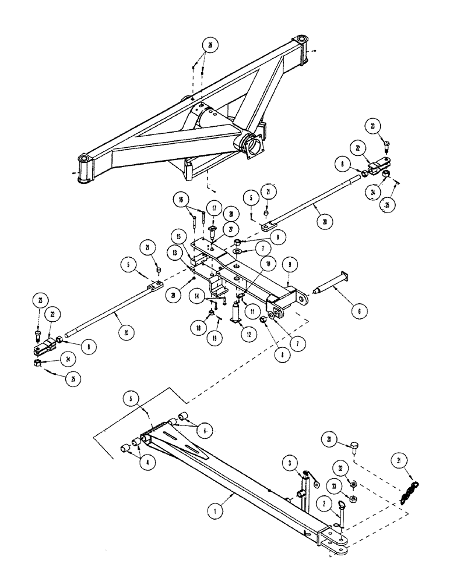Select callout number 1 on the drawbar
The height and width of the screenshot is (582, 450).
[x=216, y=512]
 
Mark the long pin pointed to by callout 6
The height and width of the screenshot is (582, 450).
[x=331, y=289]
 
